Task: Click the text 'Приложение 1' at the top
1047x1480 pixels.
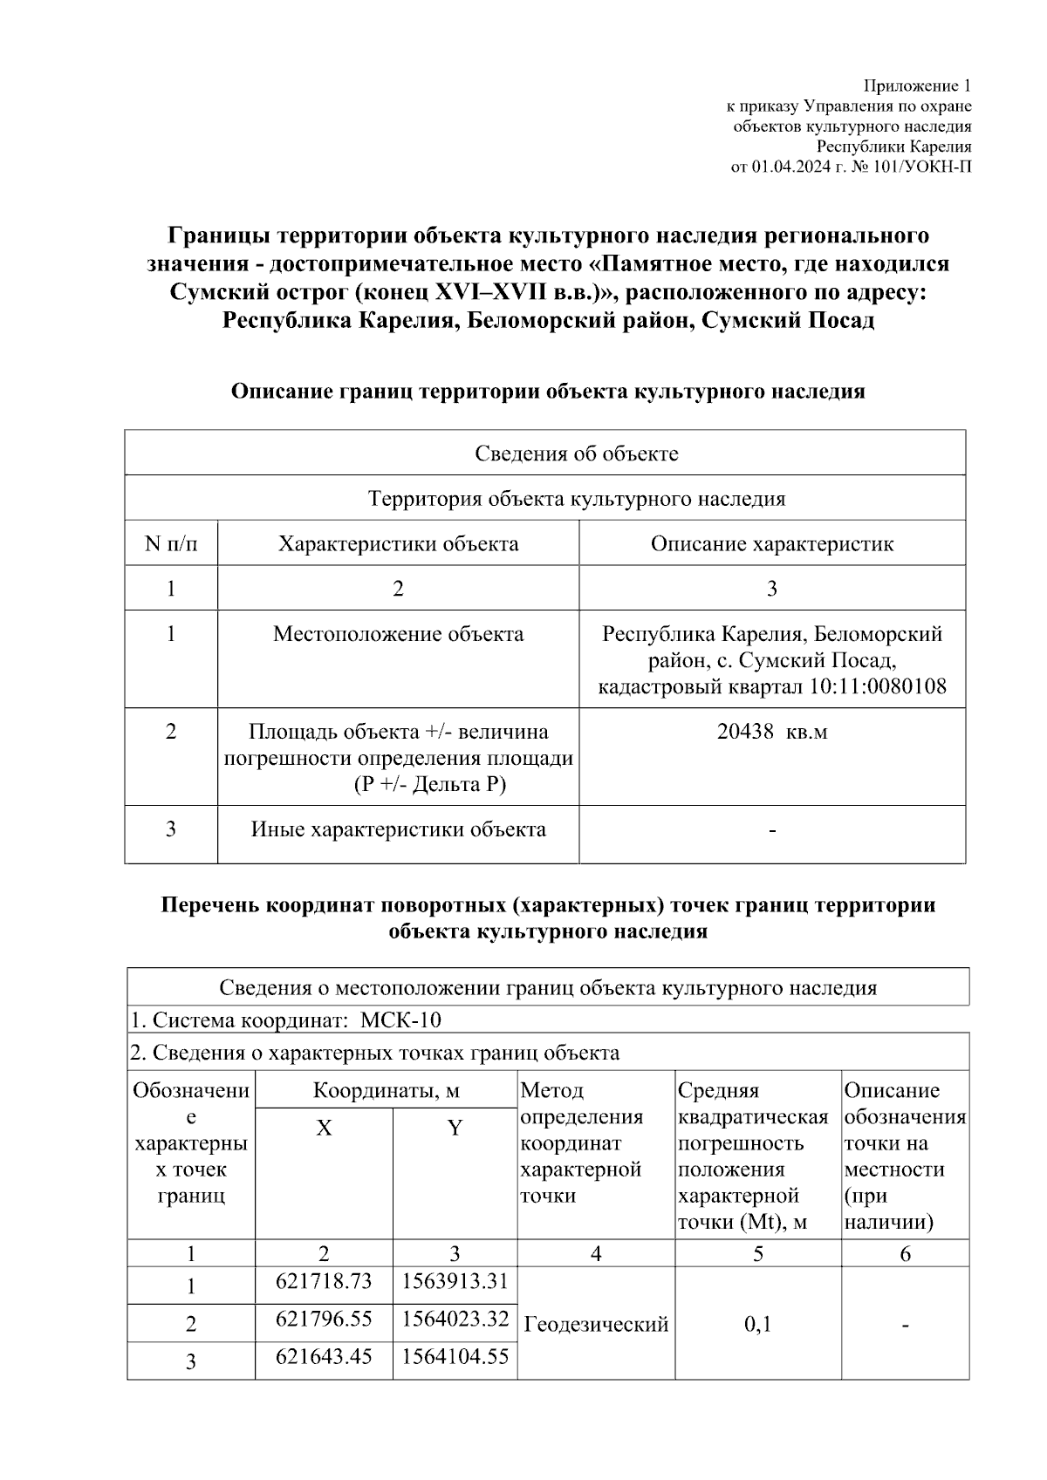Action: pyautogui.click(x=917, y=85)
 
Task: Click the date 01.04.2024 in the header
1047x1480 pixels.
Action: pyautogui.click(x=790, y=167)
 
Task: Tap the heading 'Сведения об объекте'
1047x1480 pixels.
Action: pyautogui.click(x=576, y=454)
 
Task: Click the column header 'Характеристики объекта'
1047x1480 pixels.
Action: pyautogui.click(x=398, y=544)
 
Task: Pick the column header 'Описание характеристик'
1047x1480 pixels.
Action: pyautogui.click(x=772, y=544)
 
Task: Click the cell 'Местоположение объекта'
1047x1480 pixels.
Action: pyautogui.click(x=398, y=634)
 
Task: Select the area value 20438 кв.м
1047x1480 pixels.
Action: pyautogui.click(x=772, y=732)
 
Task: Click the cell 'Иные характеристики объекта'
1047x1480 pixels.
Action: pyautogui.click(x=398, y=829)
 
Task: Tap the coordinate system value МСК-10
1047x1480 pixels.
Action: pyautogui.click(x=401, y=1020)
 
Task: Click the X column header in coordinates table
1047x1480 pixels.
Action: pyautogui.click(x=324, y=1129)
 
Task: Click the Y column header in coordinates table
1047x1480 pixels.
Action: pyautogui.click(x=455, y=1129)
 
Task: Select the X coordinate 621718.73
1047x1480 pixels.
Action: pyautogui.click(x=324, y=1281)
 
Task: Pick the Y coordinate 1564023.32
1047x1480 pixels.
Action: pyautogui.click(x=455, y=1319)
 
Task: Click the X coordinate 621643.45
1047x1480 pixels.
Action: pyautogui.click(x=324, y=1357)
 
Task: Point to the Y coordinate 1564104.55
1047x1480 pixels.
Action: pyautogui.click(x=455, y=1357)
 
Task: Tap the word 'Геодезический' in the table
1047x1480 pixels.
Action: pyautogui.click(x=596, y=1324)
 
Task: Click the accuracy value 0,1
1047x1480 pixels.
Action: pyautogui.click(x=757, y=1324)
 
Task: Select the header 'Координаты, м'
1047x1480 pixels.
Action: pyautogui.click(x=386, y=1091)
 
